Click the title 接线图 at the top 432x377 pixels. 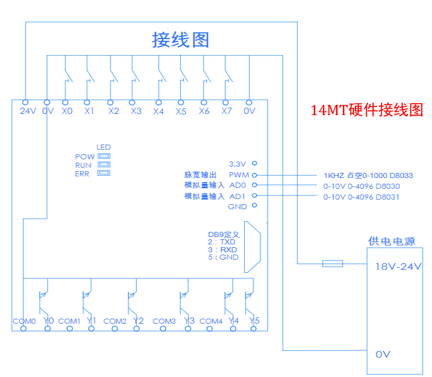pos(181,40)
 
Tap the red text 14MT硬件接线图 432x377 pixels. pos(367,110)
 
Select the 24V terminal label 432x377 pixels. pos(27,112)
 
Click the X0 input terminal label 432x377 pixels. pos(67,112)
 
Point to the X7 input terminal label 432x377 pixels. pos(227,112)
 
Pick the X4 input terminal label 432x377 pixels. pos(158,112)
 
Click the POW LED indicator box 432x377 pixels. pos(104,156)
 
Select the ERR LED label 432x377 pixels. pos(82,174)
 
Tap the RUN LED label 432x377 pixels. pos(83,165)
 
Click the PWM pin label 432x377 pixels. pos(237,175)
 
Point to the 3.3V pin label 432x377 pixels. pos(238,163)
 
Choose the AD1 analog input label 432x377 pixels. pos(237,196)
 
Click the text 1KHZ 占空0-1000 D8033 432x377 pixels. pos(368,176)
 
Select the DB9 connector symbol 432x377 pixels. pos(252,247)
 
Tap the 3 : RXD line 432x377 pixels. pos(222,249)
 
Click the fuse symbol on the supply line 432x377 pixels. pos(332,263)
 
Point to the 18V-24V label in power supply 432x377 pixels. pos(397,266)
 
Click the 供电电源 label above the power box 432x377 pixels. pos(392,242)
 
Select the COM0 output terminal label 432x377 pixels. pos(24,321)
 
